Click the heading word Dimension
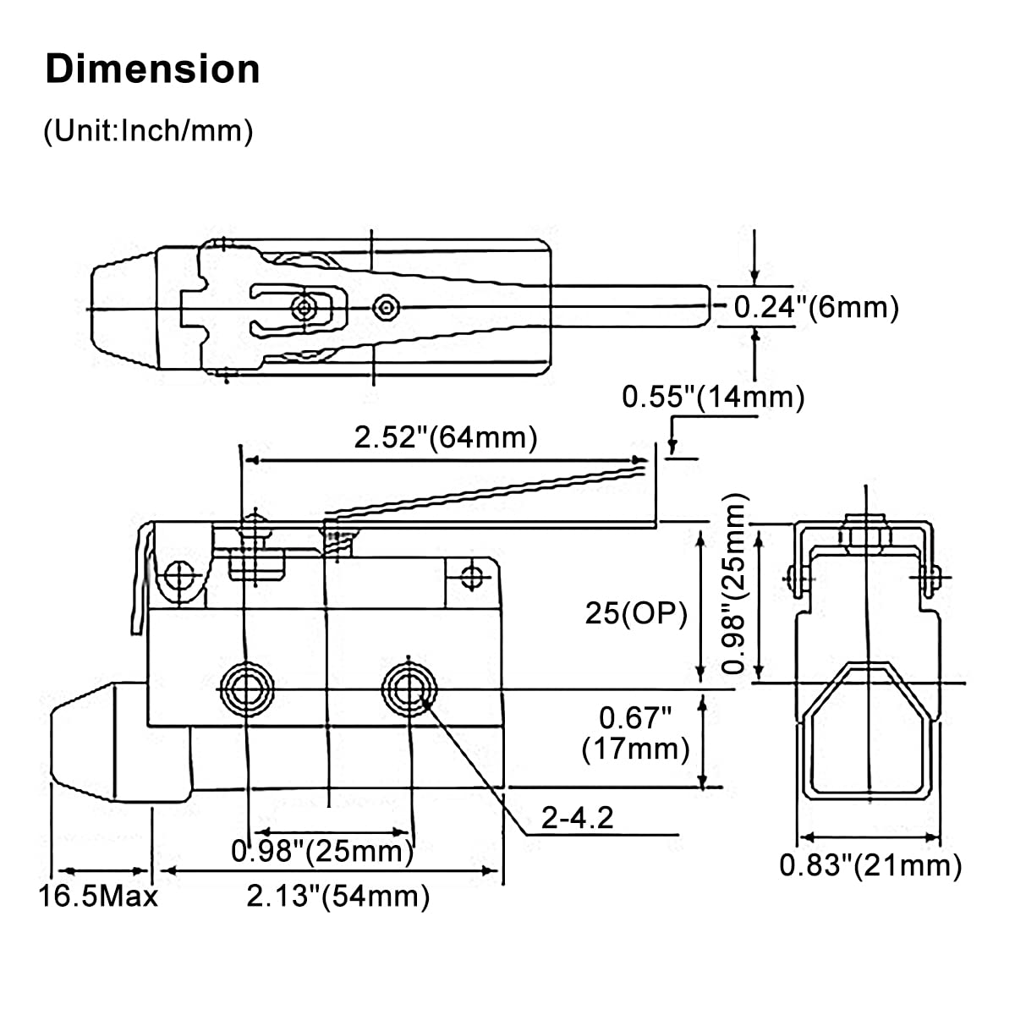[x=152, y=69]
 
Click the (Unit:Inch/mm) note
[x=148, y=131]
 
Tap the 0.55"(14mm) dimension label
[x=713, y=396]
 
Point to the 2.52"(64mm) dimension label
[x=446, y=437]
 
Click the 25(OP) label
[x=637, y=613]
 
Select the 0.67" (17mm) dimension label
[x=635, y=733]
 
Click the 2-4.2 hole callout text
[x=578, y=817]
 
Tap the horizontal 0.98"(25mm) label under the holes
[x=322, y=851]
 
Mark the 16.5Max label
[x=98, y=896]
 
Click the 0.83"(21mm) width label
[x=870, y=865]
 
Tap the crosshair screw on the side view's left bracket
[x=178, y=578]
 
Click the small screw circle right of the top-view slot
[x=387, y=307]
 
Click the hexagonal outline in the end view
[x=866, y=727]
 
